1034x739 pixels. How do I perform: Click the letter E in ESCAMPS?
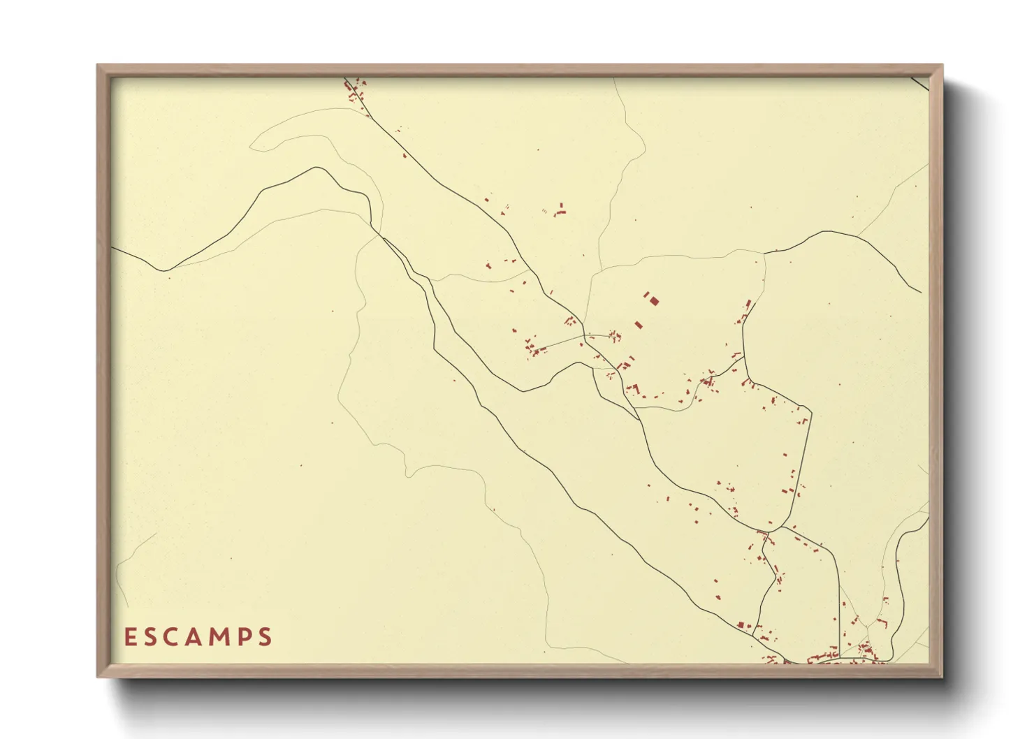pos(130,637)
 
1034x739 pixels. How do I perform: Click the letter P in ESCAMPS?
pos(244,637)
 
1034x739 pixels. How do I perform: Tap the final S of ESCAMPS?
pos(265,637)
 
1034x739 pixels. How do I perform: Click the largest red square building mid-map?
pos(655,301)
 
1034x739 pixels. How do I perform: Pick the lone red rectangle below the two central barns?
pos(638,325)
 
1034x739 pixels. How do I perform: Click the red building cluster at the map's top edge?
pos(356,91)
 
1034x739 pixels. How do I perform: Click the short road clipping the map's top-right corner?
pos(920,83)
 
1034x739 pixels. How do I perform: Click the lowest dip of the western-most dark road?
pos(163,270)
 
